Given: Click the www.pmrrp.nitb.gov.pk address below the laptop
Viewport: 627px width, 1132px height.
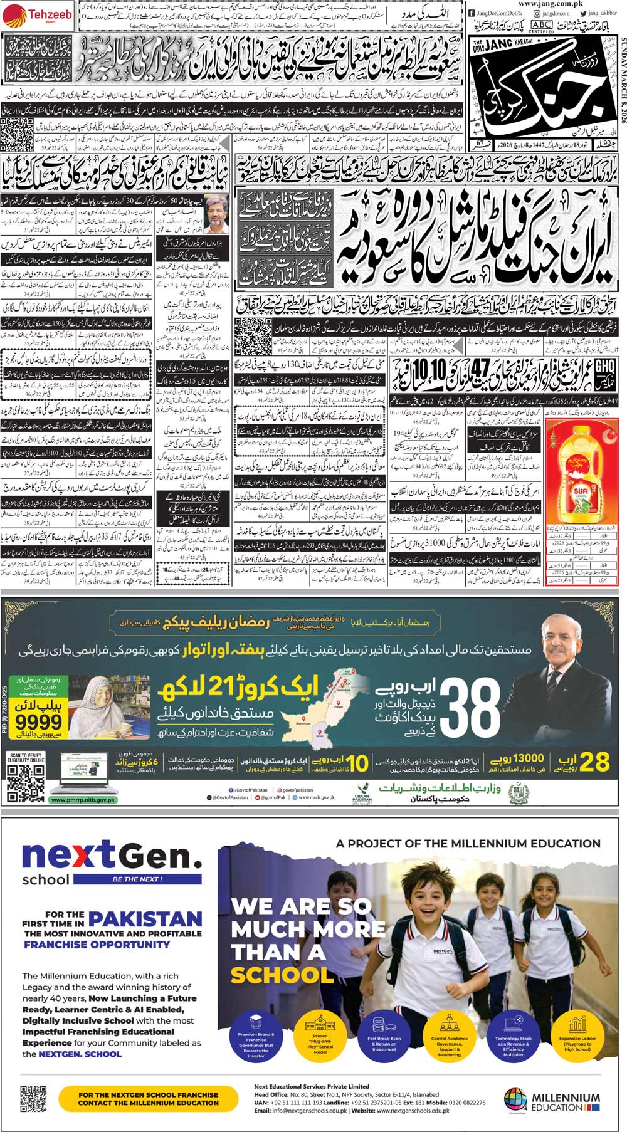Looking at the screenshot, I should (83, 800).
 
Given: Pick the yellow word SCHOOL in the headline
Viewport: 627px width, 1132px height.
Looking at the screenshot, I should (282, 975).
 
